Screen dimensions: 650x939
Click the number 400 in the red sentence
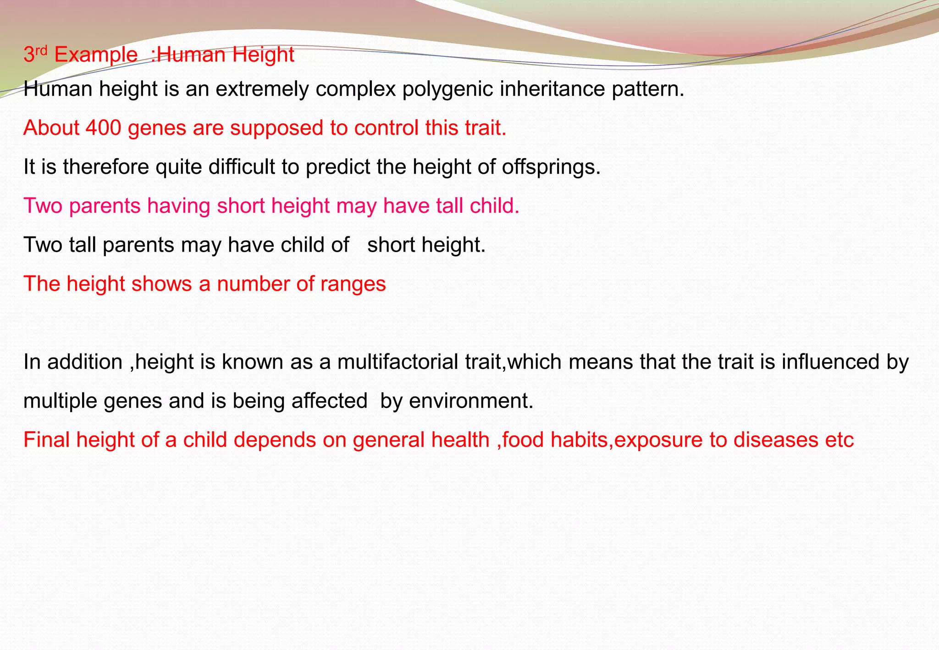[103, 128]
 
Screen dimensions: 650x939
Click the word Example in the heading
[95, 55]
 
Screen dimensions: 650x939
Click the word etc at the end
[840, 440]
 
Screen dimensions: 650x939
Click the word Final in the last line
[47, 440]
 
